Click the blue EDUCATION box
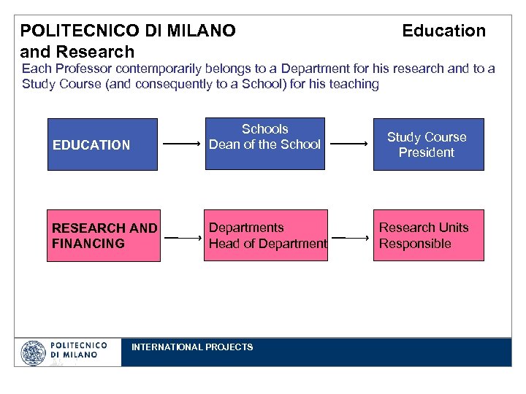coord(102,144)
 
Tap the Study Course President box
coord(428,144)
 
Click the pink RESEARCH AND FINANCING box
coord(102,235)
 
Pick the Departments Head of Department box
coord(266,235)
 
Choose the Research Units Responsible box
coord(428,235)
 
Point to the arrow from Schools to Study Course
coord(348,144)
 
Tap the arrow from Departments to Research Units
coord(348,237)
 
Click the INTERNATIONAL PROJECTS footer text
coord(192,347)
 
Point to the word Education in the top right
coord(443,31)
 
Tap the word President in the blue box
coord(427,152)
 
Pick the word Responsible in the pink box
coord(414,244)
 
